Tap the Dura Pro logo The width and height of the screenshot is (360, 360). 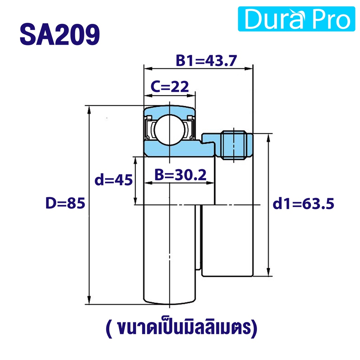(296, 19)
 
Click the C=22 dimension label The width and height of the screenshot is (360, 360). (170, 86)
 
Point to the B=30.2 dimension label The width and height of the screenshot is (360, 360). (180, 175)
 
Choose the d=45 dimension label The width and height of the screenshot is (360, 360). (114, 180)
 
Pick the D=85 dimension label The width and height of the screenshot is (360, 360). (65, 203)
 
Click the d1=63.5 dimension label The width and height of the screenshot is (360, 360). (303, 204)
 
